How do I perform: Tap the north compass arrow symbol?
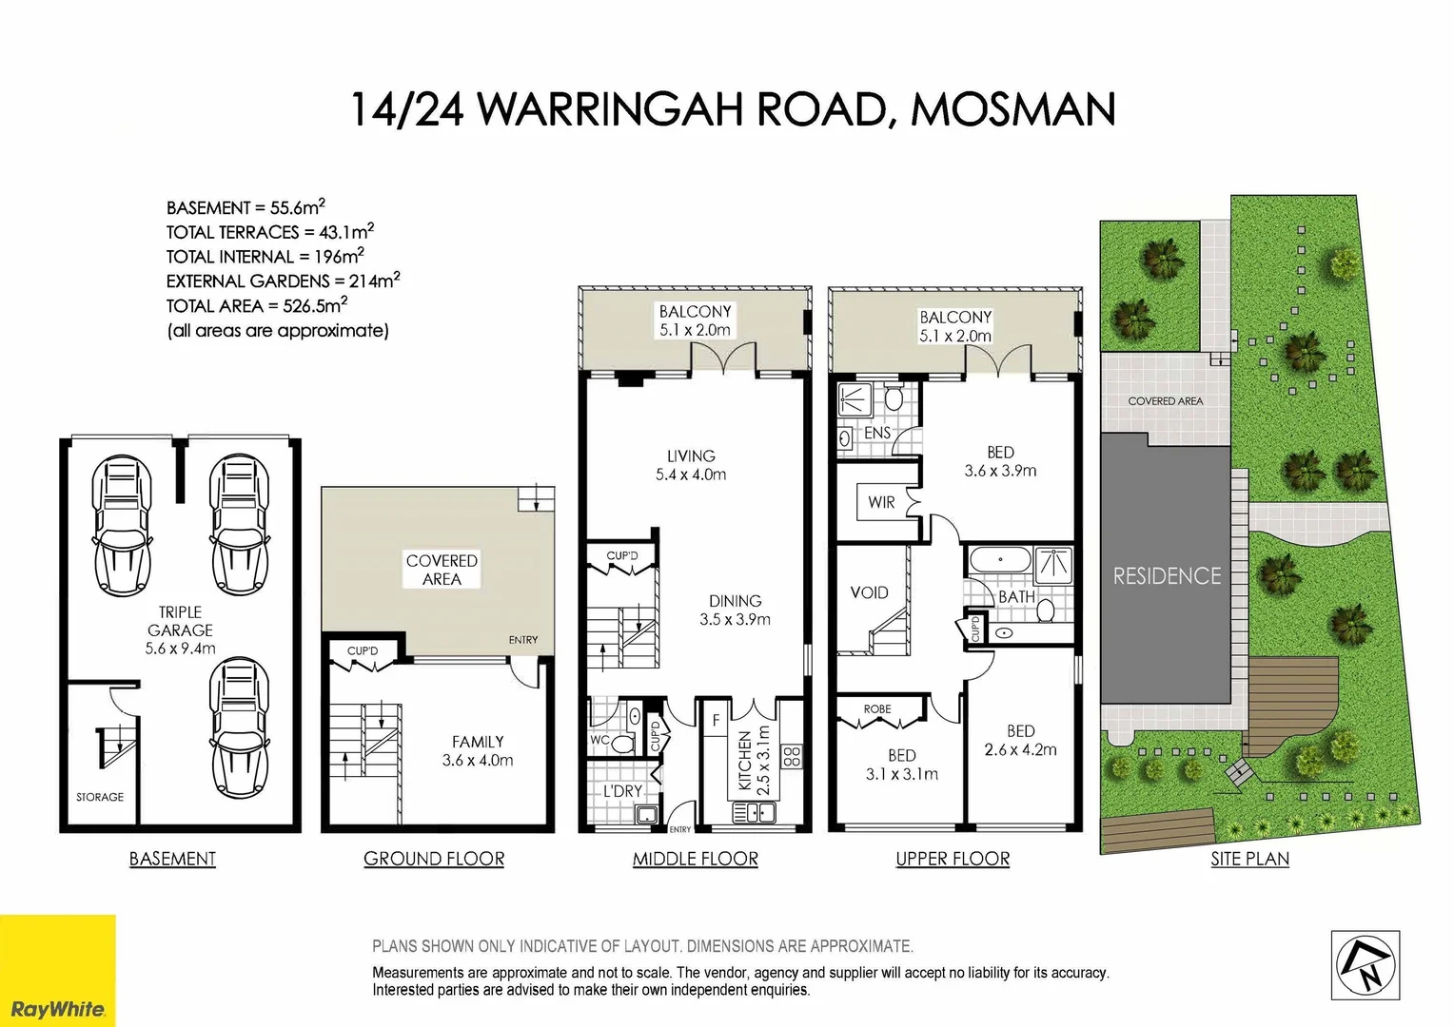[x=1366, y=965]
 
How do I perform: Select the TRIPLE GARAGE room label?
[x=180, y=630]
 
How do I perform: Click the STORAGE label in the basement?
[x=100, y=797]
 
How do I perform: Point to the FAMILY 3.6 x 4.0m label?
[x=478, y=750]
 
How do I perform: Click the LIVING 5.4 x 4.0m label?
[x=691, y=465]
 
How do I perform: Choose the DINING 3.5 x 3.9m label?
[x=735, y=610]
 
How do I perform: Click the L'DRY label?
[x=622, y=791]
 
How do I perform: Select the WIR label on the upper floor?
[x=881, y=502]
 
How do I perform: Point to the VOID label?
[x=869, y=592]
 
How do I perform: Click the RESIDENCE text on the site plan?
[x=1167, y=576]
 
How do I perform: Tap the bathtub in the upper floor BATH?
[x=999, y=560]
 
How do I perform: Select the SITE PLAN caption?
[x=1249, y=859]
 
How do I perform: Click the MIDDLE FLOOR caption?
[x=696, y=859]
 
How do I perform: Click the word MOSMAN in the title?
[x=1013, y=109]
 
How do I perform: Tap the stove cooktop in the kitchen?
[x=792, y=757]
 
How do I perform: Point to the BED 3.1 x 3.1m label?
[x=901, y=765]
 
